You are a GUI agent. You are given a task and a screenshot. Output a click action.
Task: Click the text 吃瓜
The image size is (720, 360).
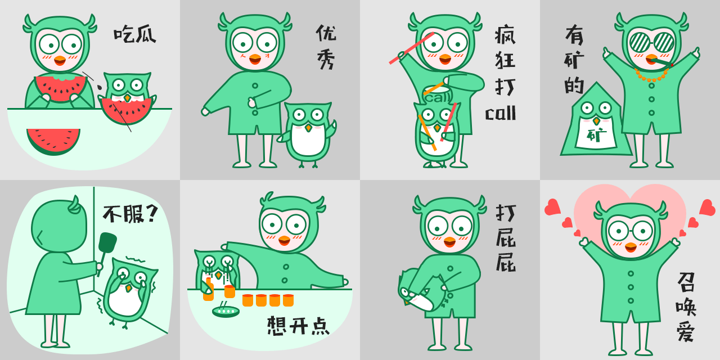pyautogui.click(x=135, y=35)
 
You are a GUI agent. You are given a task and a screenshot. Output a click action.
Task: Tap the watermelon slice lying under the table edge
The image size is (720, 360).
pyautogui.click(x=53, y=141)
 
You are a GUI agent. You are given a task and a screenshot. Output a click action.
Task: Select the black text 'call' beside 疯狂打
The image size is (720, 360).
pyautogui.click(x=501, y=114)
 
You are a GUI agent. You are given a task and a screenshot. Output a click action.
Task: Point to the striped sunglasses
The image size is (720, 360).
pyautogui.click(x=651, y=42)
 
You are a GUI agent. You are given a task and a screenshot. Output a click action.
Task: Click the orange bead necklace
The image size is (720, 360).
pyautogui.click(x=652, y=76)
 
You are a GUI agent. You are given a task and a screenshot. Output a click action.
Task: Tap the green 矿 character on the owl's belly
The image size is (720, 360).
pyautogui.click(x=596, y=135)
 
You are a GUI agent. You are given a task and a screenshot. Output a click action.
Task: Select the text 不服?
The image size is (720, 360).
pyautogui.click(x=130, y=214)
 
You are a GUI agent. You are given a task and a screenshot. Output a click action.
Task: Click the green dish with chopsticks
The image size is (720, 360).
pyautogui.click(x=226, y=311)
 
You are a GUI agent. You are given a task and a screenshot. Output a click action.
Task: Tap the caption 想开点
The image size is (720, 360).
pyautogui.click(x=298, y=326)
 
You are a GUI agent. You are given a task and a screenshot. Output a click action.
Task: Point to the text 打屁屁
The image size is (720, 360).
pyautogui.click(x=506, y=238)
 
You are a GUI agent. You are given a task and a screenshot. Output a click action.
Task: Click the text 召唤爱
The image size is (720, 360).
pyautogui.click(x=686, y=307)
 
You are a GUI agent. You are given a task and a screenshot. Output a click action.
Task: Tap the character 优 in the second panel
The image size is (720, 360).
pyautogui.click(x=326, y=33)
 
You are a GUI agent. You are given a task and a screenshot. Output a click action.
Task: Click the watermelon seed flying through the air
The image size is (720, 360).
pyautogui.click(x=100, y=87)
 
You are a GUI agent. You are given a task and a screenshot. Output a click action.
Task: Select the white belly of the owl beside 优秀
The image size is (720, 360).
pyautogui.click(x=308, y=141)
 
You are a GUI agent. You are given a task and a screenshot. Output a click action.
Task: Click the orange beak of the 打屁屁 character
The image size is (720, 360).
pyautogui.click(x=449, y=242)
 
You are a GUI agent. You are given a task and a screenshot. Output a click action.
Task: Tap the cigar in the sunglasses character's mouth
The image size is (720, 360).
pyautogui.click(x=662, y=63)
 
